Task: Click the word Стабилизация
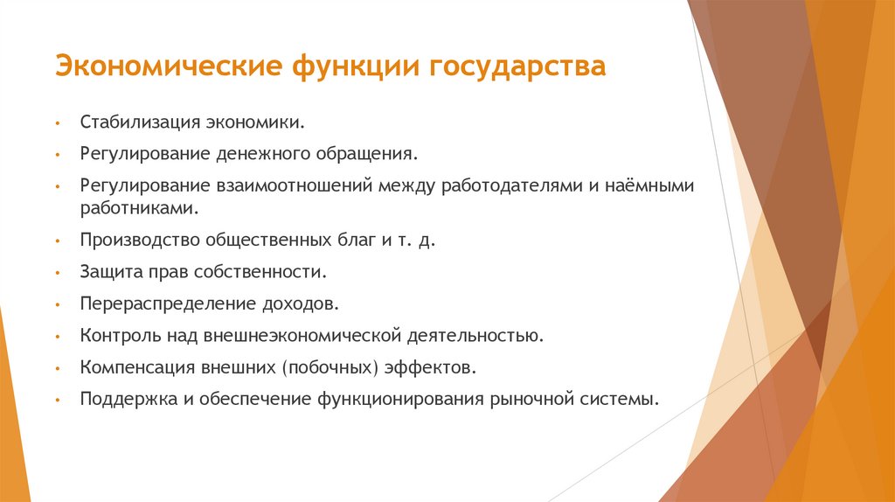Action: pos(135,122)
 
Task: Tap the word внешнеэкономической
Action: pos(302,336)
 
